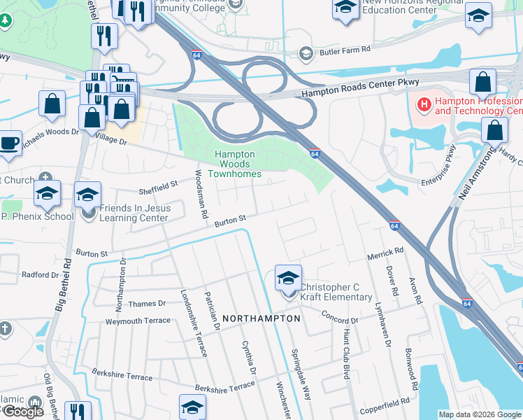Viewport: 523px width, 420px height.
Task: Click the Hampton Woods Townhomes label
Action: pos(238,164)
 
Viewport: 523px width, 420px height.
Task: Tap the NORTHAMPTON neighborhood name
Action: pos(261,318)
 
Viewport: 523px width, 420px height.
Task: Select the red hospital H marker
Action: pos(423,106)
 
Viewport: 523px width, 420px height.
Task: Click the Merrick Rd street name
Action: pos(386,253)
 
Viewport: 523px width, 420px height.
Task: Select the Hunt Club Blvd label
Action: pos(346,354)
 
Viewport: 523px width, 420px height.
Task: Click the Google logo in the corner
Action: pos(23,412)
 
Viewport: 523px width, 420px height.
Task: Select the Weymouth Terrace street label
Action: pos(138,321)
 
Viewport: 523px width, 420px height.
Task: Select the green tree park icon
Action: pos(6,21)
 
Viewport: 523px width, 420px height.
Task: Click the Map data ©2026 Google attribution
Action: pos(480,414)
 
